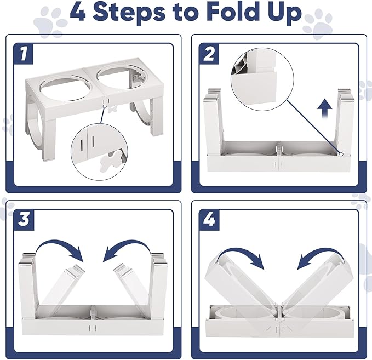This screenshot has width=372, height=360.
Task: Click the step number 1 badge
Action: click(x=24, y=54)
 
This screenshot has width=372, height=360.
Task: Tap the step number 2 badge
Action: click(x=209, y=54)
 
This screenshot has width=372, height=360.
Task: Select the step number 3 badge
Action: click(x=24, y=220)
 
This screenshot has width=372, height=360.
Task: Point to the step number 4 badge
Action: click(x=209, y=220)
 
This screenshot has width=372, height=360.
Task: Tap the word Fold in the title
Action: click(x=233, y=12)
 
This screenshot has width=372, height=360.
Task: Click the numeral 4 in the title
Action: click(x=78, y=12)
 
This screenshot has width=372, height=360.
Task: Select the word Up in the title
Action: click(x=284, y=13)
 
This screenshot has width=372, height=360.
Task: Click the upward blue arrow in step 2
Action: click(x=325, y=108)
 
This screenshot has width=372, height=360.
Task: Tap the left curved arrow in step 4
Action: click(x=239, y=254)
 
